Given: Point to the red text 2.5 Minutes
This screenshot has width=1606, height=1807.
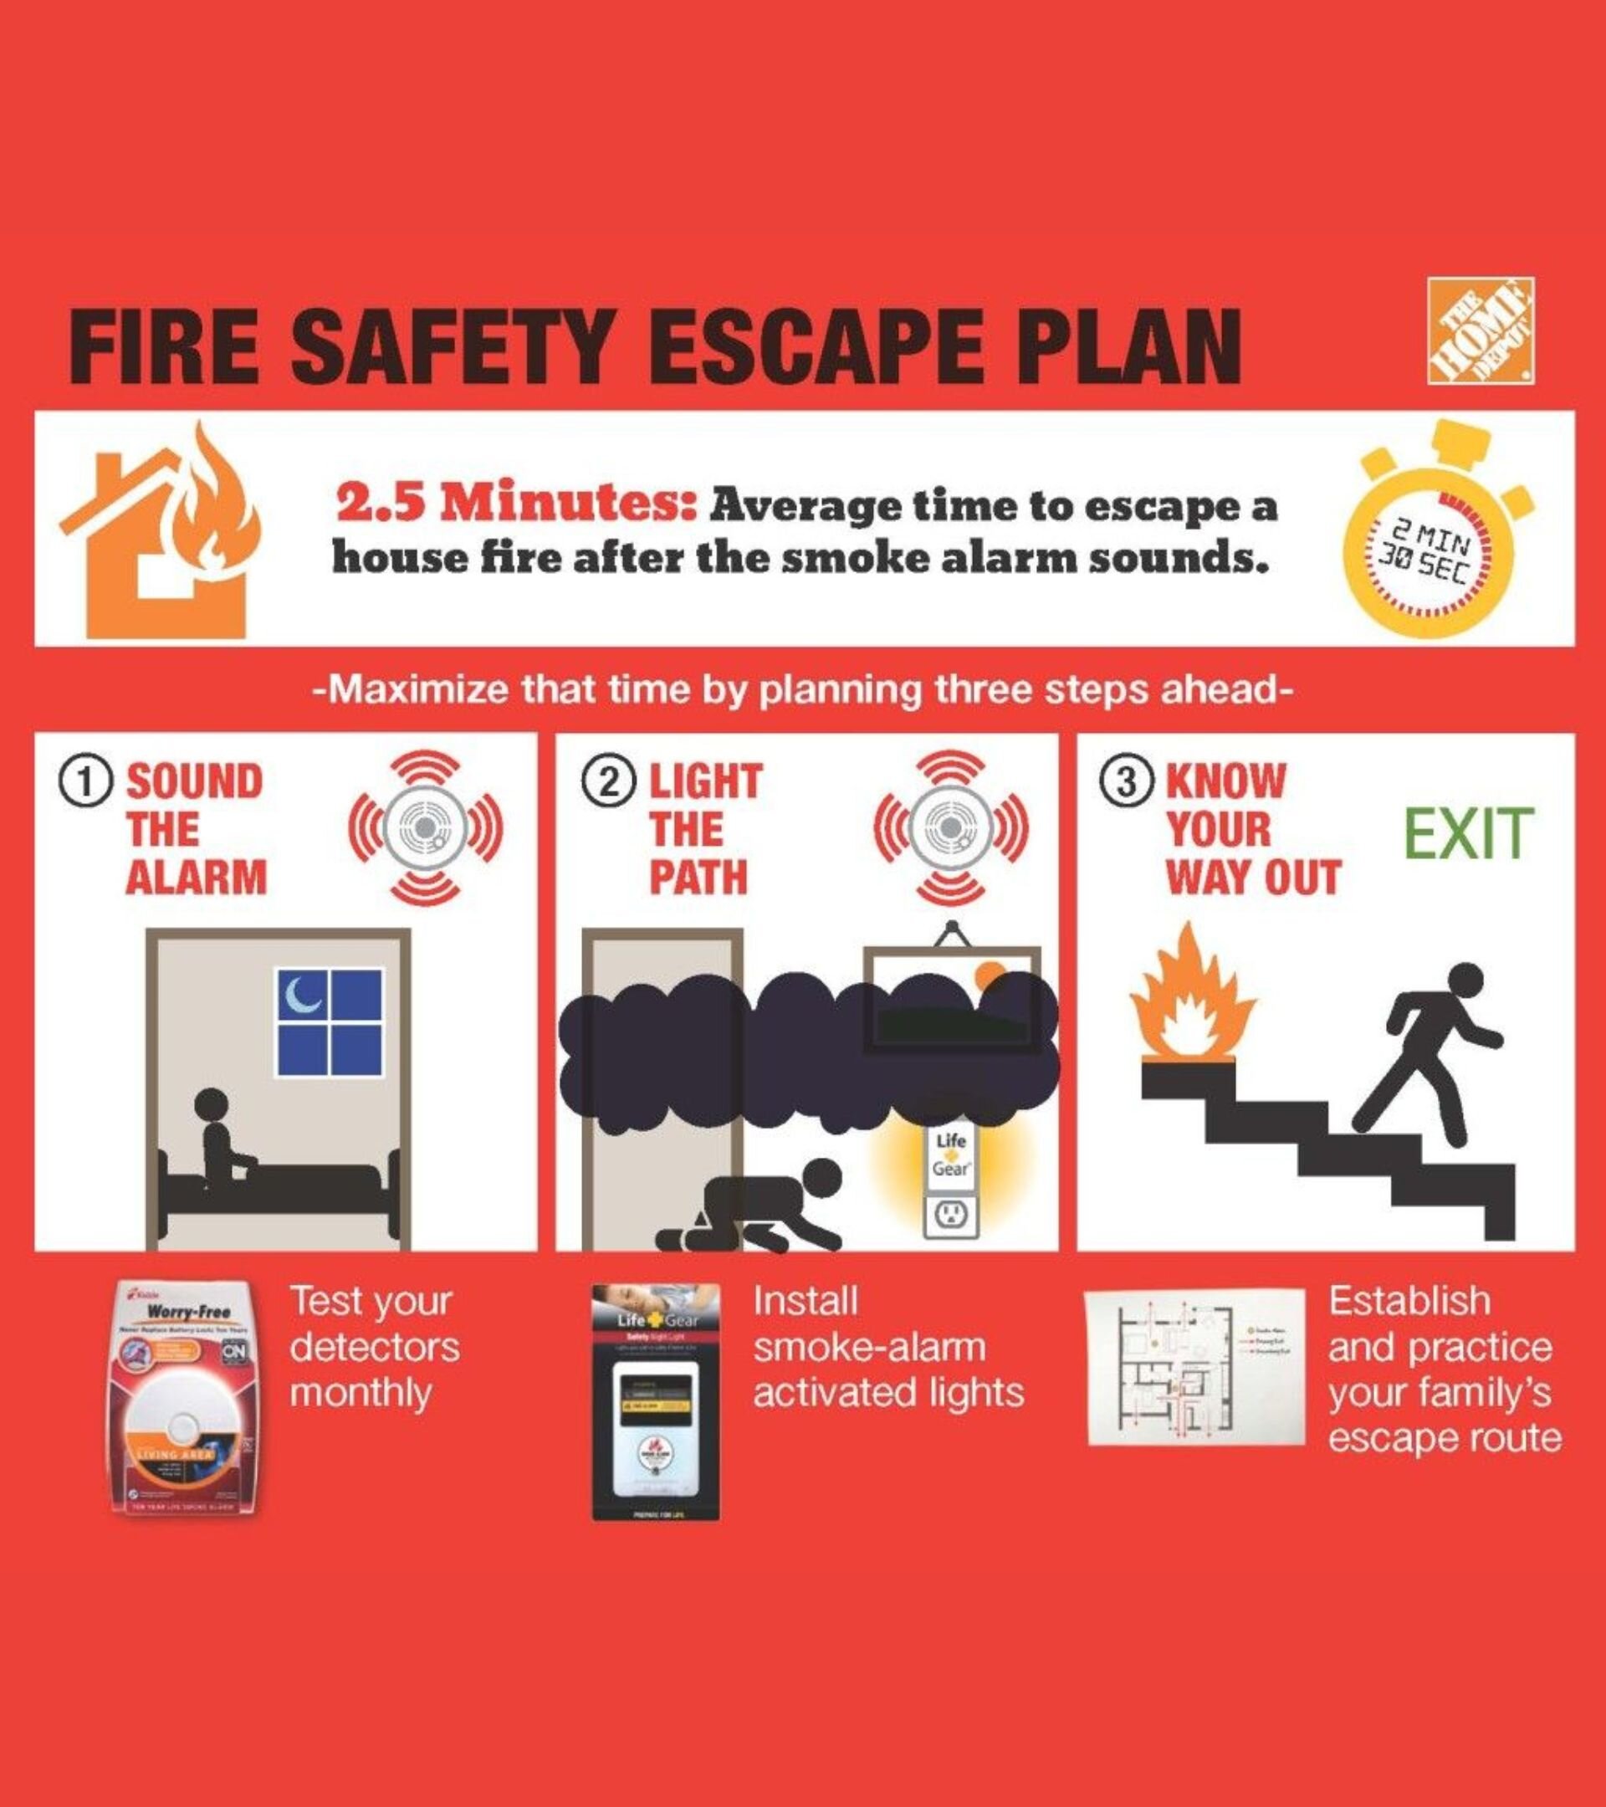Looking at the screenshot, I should pyautogui.click(x=518, y=507).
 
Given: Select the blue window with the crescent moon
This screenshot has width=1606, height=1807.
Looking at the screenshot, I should pyautogui.click(x=330, y=1022).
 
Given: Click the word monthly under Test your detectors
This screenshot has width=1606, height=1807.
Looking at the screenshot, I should pyautogui.click(x=361, y=1394).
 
